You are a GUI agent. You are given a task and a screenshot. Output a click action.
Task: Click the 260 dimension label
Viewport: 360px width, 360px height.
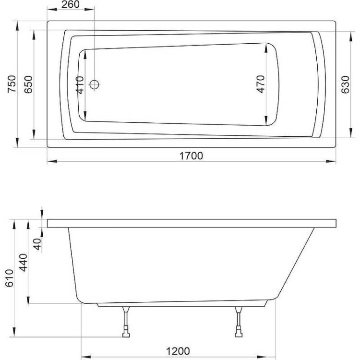(x=71, y=4)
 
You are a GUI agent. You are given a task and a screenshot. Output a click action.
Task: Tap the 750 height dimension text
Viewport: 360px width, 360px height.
(x=12, y=84)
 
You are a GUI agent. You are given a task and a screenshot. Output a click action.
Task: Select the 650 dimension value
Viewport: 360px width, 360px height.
(x=28, y=84)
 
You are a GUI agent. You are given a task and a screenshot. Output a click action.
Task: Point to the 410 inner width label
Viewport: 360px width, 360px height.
(x=80, y=85)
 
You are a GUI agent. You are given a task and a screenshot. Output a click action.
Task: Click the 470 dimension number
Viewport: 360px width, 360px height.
(x=261, y=84)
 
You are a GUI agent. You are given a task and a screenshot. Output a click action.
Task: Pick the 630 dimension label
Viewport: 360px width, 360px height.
(x=345, y=84)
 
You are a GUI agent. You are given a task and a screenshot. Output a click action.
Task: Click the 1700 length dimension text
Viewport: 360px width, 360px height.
(x=191, y=156)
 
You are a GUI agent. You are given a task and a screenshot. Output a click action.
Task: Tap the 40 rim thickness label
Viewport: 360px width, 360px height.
(x=37, y=244)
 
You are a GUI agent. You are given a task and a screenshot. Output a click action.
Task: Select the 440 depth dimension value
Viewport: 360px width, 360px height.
(x=23, y=263)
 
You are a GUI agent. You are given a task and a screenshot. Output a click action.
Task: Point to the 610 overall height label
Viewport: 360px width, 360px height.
(x=9, y=278)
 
